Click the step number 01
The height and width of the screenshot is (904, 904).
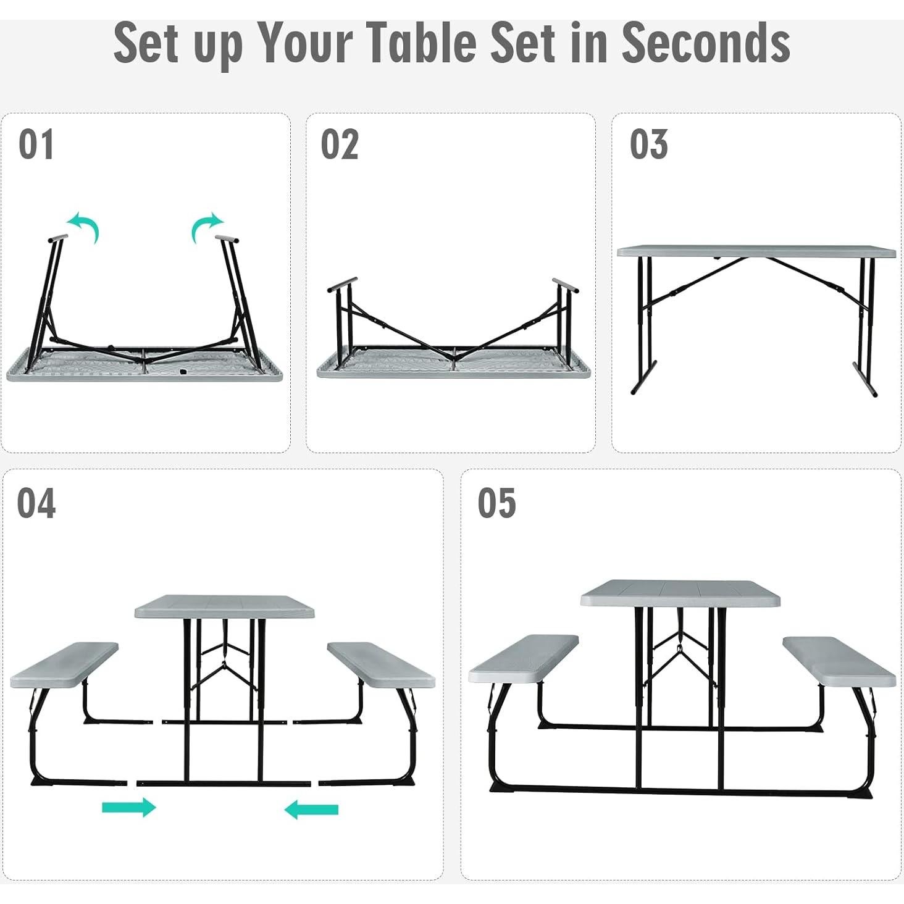pyautogui.click(x=36, y=144)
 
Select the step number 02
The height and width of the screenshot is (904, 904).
pyautogui.click(x=339, y=144)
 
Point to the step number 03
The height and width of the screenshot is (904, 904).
pyautogui.click(x=648, y=144)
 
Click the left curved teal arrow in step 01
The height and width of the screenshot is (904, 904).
pyautogui.click(x=84, y=227)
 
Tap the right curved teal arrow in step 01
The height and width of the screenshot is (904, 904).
pyautogui.click(x=206, y=227)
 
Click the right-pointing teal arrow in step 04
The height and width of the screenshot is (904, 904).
pyautogui.click(x=128, y=807)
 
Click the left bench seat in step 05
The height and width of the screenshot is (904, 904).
pyautogui.click(x=523, y=659)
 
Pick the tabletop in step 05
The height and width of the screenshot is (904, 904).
pyautogui.click(x=680, y=592)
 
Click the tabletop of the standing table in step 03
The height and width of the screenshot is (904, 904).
pyautogui.click(x=756, y=251)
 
